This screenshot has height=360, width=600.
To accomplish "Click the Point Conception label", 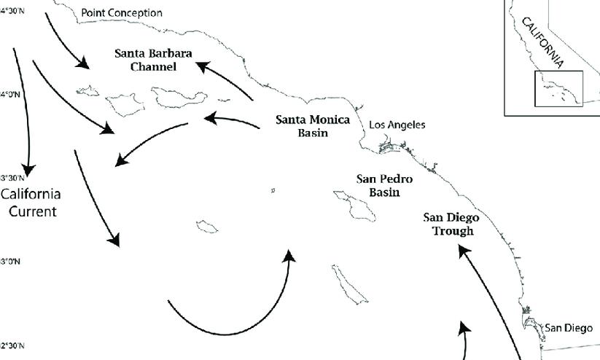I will (x=122, y=13).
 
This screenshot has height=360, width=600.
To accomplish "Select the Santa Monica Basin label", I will (x=312, y=126).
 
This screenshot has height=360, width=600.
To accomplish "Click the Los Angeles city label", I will (x=397, y=125).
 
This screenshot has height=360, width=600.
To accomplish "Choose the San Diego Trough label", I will (x=451, y=224).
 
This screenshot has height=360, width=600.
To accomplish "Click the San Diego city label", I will (x=569, y=328).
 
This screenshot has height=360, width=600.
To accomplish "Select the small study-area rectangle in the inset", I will (x=558, y=88).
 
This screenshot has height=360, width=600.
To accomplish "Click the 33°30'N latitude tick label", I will (x=12, y=178).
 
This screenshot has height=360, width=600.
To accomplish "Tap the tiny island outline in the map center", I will (x=272, y=192).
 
